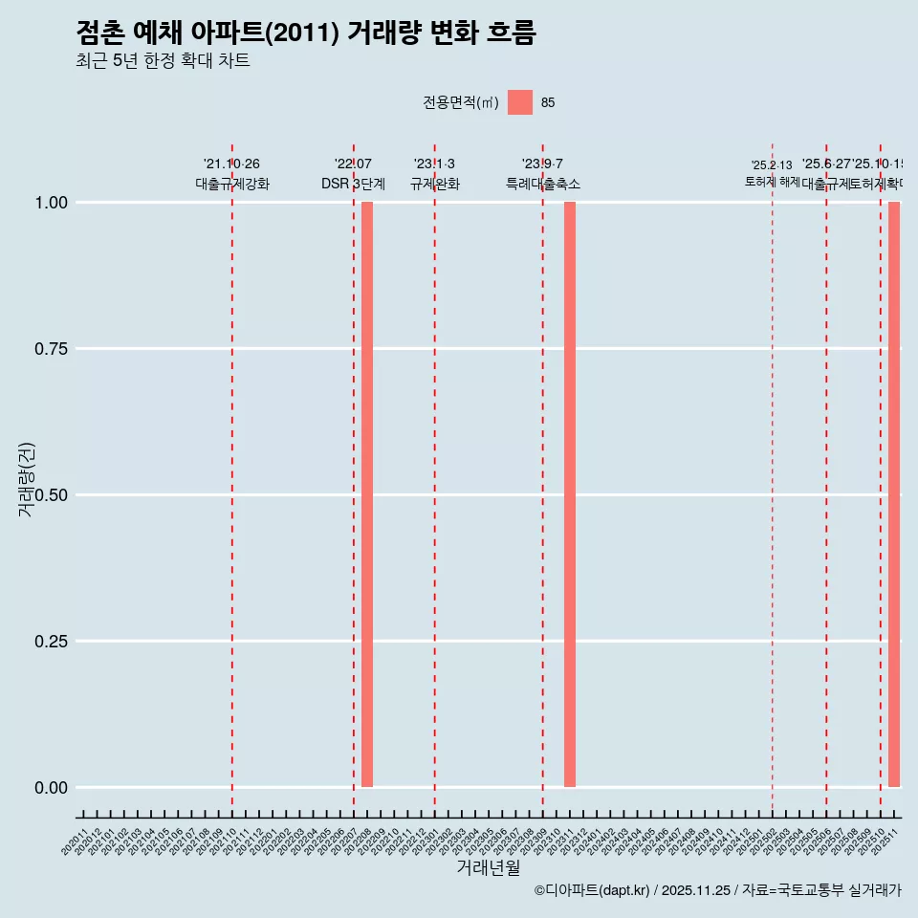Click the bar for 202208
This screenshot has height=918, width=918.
[367, 494]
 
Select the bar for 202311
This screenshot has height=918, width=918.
[570, 494]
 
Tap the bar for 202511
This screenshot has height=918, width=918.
[894, 494]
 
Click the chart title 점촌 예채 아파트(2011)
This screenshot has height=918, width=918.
[305, 33]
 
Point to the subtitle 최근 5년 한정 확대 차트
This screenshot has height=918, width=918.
[163, 61]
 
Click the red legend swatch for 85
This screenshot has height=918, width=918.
[520, 102]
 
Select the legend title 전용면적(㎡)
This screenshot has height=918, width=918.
[461, 103]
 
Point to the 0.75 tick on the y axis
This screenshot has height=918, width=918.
[51, 349]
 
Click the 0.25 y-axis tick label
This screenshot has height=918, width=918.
[51, 642]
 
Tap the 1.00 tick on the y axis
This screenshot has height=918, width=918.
[51, 203]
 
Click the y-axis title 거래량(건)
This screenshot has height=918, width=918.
[27, 479]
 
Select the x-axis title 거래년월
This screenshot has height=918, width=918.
[488, 867]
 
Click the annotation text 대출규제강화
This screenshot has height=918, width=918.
[232, 184]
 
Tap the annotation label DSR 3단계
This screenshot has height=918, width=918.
[353, 184]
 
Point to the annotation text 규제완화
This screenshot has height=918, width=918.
[435, 184]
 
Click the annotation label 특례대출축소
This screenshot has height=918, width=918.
[543, 184]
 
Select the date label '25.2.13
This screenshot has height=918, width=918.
[772, 165]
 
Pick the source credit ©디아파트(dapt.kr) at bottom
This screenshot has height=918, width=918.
[592, 890]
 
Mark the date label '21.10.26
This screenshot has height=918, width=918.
[231, 164]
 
